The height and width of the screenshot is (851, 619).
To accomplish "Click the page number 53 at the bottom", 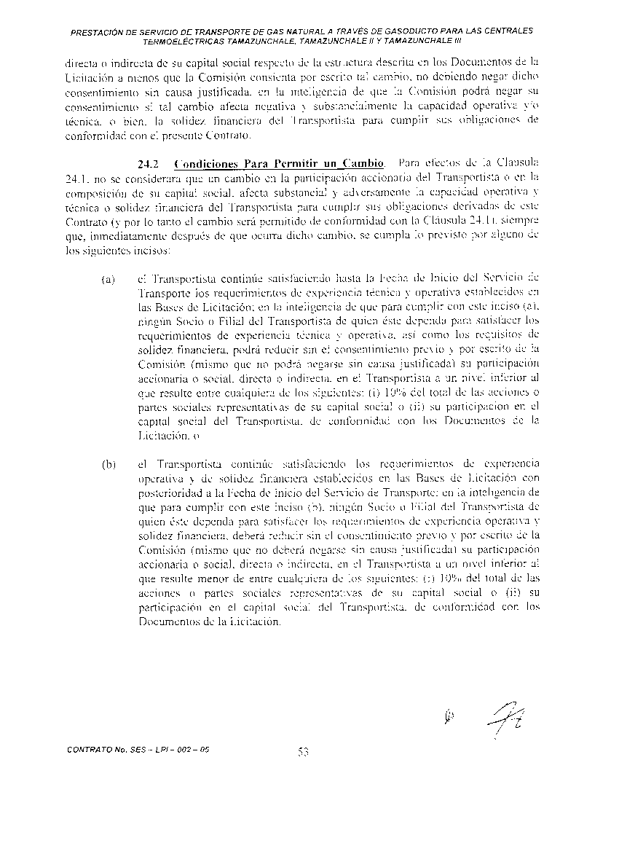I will pyautogui.click(x=304, y=753).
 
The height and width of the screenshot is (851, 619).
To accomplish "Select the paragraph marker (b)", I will pyautogui.click(x=108, y=463).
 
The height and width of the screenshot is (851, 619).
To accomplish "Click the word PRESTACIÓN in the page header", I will pyautogui.click(x=97, y=31).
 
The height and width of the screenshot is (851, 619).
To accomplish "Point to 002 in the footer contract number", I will pyautogui.click(x=185, y=749).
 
